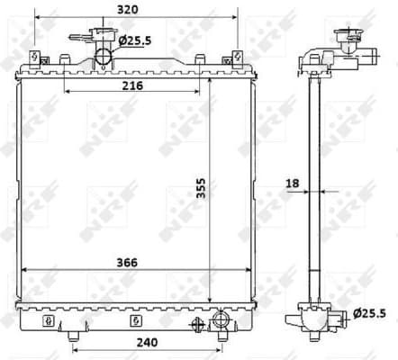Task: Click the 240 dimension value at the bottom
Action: click(x=147, y=342)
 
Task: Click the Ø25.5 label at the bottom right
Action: click(x=371, y=313)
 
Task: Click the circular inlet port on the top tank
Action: click(x=104, y=57)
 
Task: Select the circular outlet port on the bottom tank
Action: click(x=222, y=319)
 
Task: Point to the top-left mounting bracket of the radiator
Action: click(x=34, y=57)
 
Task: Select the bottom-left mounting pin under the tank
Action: click(x=72, y=337)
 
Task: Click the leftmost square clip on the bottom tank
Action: click(x=49, y=320)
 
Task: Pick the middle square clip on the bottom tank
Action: click(x=134, y=320)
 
